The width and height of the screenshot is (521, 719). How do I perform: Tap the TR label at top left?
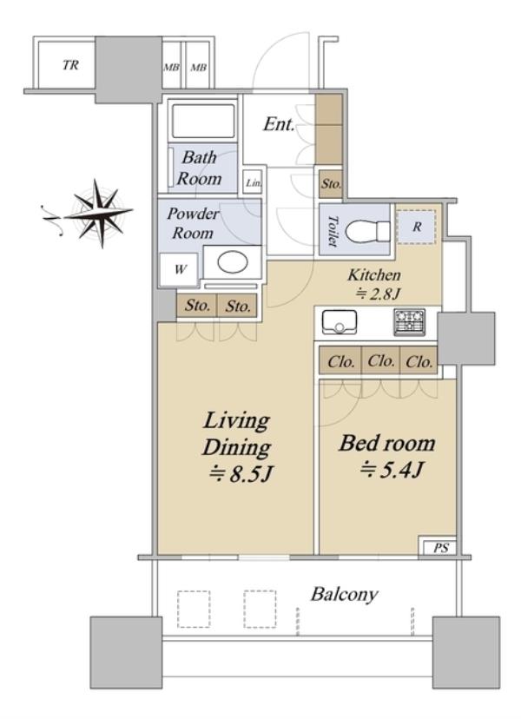click(70, 65)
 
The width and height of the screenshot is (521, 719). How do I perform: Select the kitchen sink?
click(340, 322)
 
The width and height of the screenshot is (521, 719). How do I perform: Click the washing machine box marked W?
click(180, 269)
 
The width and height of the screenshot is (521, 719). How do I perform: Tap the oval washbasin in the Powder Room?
click(233, 262)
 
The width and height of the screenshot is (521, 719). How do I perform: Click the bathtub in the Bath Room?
click(202, 121)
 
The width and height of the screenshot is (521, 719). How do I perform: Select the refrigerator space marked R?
click(416, 227)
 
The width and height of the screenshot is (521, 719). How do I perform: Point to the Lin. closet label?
click(254, 183)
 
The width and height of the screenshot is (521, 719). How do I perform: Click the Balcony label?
click(344, 595)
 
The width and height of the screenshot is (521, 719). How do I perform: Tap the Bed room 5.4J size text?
click(392, 470)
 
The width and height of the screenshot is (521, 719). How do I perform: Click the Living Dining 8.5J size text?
click(241, 473)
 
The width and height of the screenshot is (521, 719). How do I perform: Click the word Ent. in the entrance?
click(279, 124)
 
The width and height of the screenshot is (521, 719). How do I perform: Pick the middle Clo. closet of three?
click(380, 361)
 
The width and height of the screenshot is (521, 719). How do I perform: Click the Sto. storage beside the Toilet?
click(331, 183)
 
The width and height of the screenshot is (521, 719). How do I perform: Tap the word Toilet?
click(333, 231)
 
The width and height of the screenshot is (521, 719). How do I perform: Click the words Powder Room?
click(193, 223)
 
